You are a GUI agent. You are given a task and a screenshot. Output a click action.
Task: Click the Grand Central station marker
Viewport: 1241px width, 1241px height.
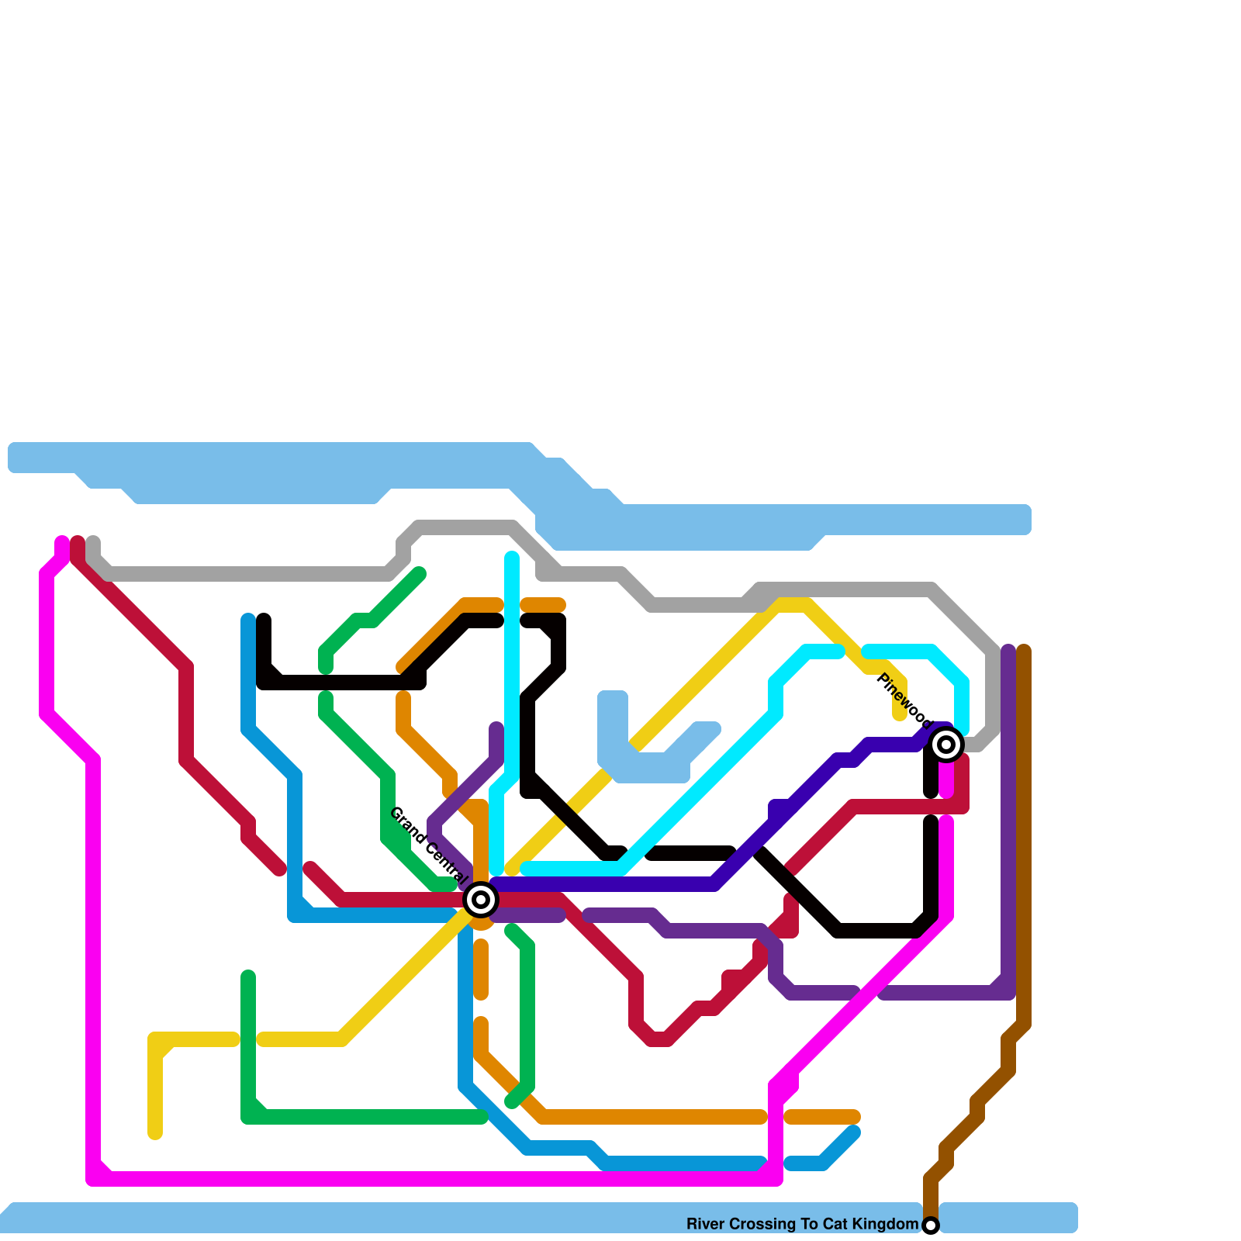point(481,900)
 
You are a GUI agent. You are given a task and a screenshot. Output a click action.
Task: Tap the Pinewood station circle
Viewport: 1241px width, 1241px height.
point(946,745)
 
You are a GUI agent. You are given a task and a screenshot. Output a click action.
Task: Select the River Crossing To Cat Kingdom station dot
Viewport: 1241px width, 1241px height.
point(931,1225)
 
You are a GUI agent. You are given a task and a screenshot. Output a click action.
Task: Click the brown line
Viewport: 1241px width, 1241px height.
point(1024,853)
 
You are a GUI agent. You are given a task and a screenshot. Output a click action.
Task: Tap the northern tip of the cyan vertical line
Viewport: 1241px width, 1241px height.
point(512,557)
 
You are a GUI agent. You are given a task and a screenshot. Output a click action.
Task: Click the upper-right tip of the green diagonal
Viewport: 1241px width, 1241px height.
point(420,574)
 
